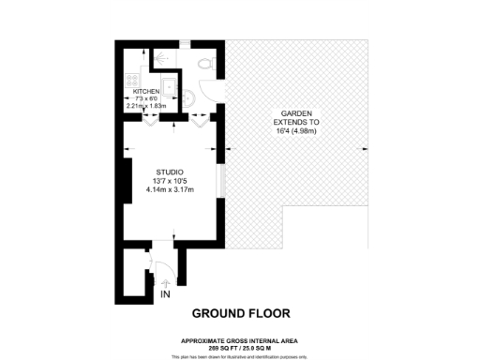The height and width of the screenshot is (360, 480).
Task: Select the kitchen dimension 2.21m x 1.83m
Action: pyautogui.click(x=145, y=106)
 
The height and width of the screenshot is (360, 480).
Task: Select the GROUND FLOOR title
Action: pyautogui.click(x=241, y=313)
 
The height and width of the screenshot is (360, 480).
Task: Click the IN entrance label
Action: pyautogui.click(x=166, y=294)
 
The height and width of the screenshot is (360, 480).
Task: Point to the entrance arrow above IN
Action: pyautogui.click(x=166, y=279)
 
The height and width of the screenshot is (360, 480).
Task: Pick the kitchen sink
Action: pyautogui.click(x=169, y=87)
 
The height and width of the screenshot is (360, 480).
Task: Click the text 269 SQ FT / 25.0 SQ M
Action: pyautogui.click(x=241, y=348)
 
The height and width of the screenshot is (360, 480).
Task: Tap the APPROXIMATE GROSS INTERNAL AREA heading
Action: pyautogui.click(x=241, y=340)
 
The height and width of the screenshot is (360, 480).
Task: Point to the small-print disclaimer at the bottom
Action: pyautogui.click(x=241, y=356)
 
